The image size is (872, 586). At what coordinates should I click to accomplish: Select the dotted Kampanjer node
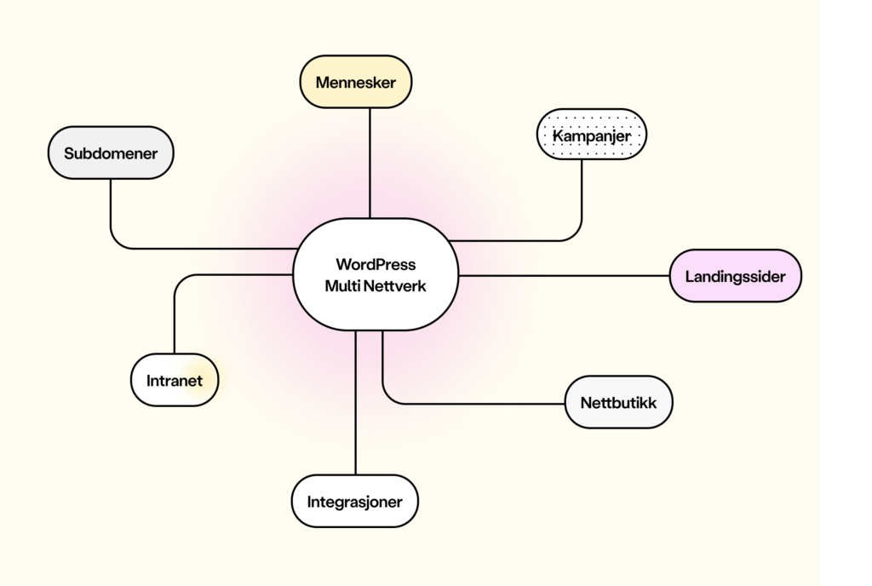pyautogui.click(x=592, y=135)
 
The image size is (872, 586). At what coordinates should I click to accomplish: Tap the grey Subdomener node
pyautogui.click(x=111, y=154)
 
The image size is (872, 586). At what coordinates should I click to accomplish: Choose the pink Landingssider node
pyautogui.click(x=736, y=276)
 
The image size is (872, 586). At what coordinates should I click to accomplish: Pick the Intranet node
pyautogui.click(x=175, y=380)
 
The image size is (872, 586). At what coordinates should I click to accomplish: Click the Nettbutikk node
pyautogui.click(x=619, y=402)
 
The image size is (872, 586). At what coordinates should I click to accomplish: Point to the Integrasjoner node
pyautogui.click(x=355, y=501)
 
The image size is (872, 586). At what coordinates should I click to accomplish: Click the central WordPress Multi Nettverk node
pyautogui.click(x=376, y=274)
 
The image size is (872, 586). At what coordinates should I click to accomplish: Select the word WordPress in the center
pyautogui.click(x=376, y=264)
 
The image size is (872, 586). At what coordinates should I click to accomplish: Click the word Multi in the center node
pyautogui.click(x=342, y=286)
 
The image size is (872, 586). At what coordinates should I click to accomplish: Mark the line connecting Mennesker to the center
pyautogui.click(x=370, y=162)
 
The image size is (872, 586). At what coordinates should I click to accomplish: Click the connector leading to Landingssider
pyautogui.click(x=562, y=276)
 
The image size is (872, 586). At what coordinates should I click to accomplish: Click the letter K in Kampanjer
pyautogui.click(x=558, y=135)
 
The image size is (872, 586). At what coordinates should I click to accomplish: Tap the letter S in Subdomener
pyautogui.click(x=69, y=155)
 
